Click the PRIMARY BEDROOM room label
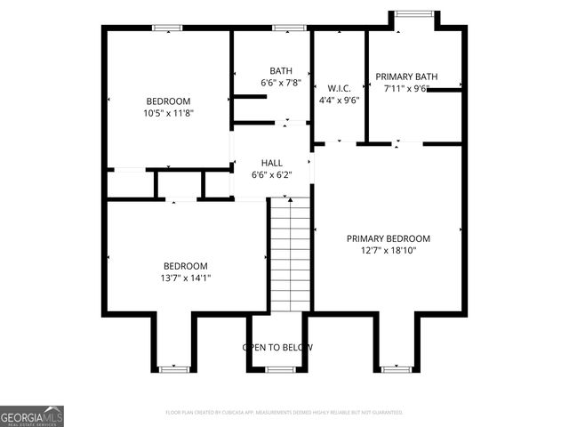388,238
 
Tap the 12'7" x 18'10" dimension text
388,251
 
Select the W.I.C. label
339,88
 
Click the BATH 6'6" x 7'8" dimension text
281,83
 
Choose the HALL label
272,163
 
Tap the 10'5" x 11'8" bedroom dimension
168,113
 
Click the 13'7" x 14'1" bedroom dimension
186,278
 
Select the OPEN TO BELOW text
278,347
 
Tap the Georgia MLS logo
32,415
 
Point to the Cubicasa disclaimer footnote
284,413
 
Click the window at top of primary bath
414,13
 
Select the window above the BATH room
284,28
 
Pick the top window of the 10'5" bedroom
167,28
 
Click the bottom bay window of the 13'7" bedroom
172,367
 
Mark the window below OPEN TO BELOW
280,367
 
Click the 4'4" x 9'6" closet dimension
339,101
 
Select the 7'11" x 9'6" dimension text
406,89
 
